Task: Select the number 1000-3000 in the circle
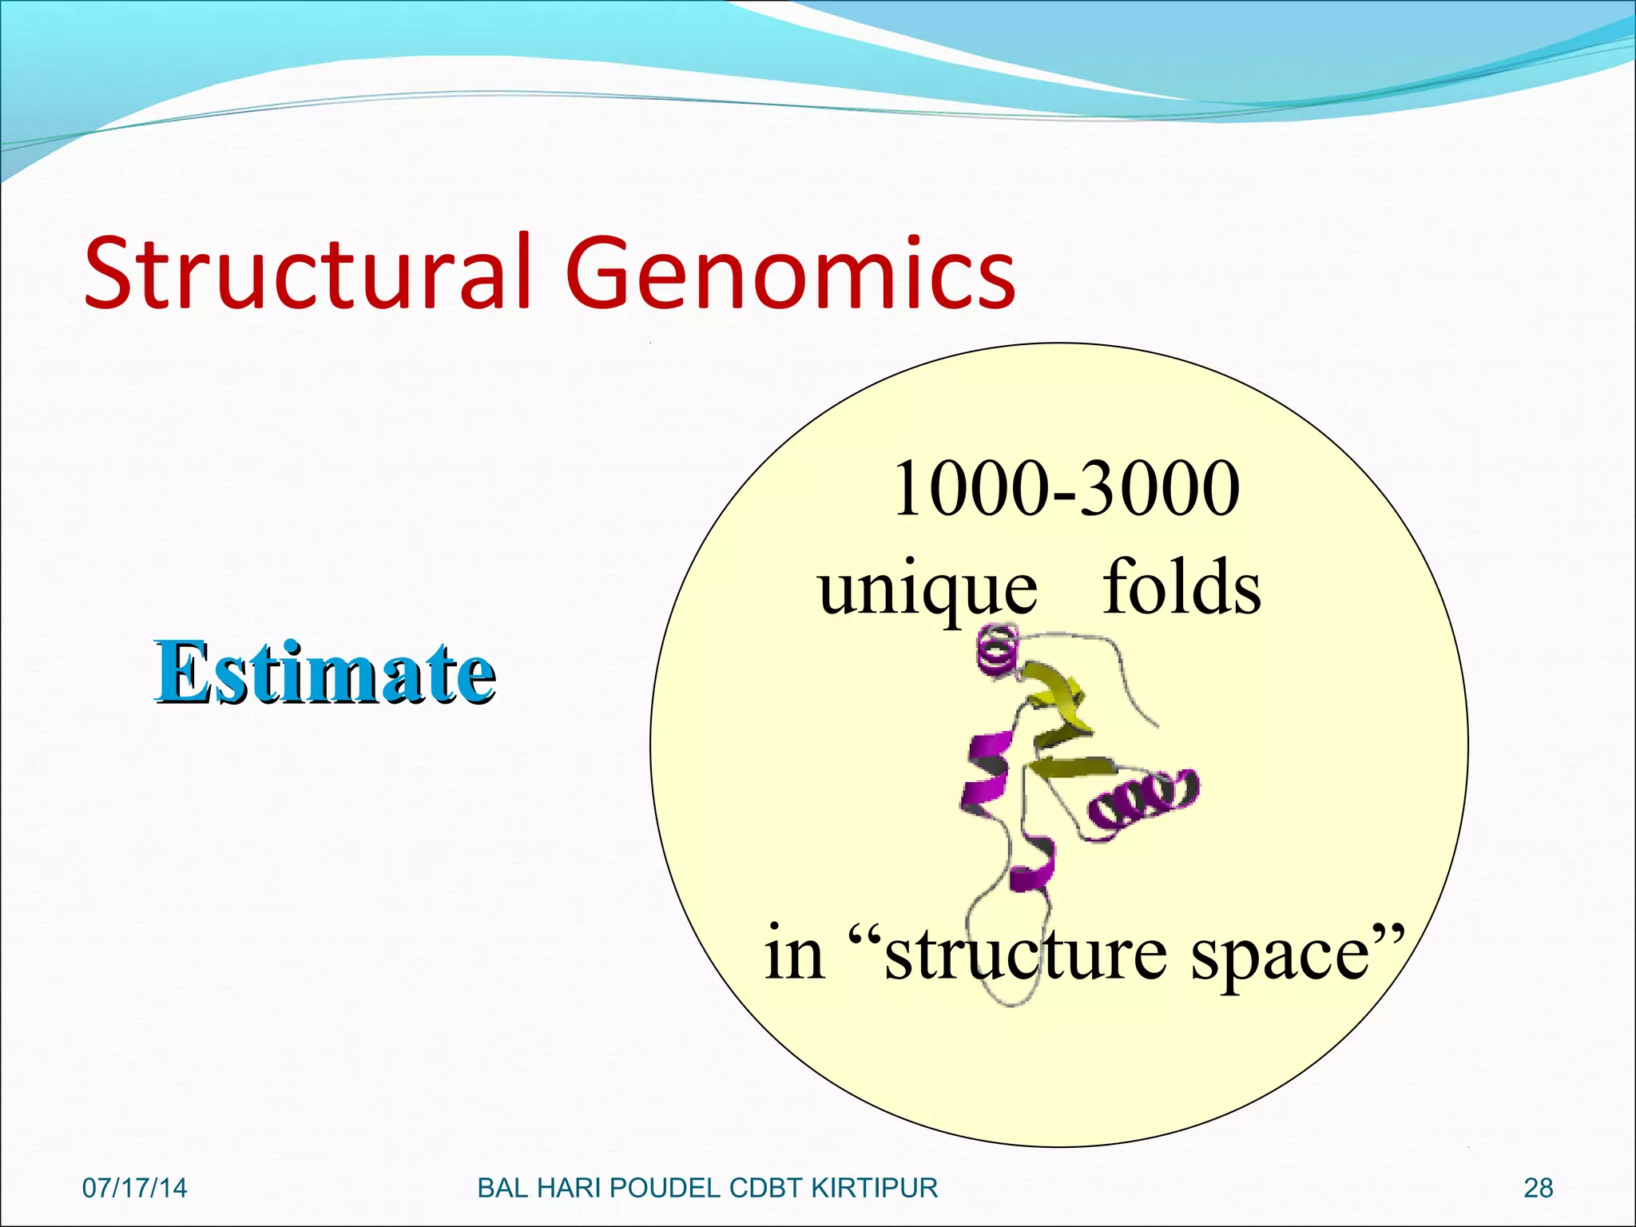point(1066,489)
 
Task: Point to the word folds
point(1181,587)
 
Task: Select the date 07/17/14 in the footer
point(134,1188)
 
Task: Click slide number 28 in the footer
point(1538,1188)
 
